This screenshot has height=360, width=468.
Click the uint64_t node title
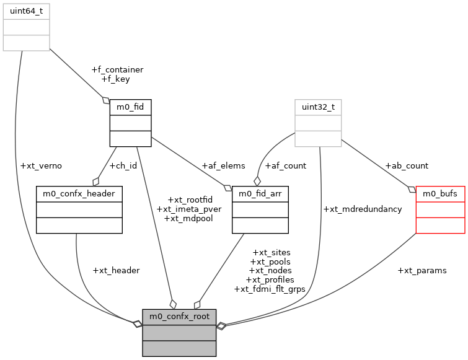click(26, 11)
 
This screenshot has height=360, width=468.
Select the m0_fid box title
click(130, 107)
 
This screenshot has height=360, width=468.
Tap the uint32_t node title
click(318, 107)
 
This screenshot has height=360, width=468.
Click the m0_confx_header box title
click(79, 194)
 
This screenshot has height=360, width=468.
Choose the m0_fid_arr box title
click(260, 194)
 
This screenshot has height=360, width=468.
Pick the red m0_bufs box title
click(440, 194)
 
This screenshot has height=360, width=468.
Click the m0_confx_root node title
click(179, 317)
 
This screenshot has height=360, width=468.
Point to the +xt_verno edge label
click(41, 166)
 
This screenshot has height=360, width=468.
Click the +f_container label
click(117, 70)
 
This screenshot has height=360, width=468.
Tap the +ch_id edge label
click(123, 166)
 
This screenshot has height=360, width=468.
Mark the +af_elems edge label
click(223, 166)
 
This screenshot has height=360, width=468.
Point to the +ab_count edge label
click(407, 166)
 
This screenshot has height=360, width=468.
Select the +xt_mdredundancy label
click(363, 209)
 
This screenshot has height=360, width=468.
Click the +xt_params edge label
click(422, 270)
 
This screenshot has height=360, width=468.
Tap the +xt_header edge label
click(116, 270)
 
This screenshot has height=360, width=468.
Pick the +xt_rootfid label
click(190, 200)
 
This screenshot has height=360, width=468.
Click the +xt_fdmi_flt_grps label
click(270, 289)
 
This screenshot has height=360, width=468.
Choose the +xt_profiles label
click(270, 279)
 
